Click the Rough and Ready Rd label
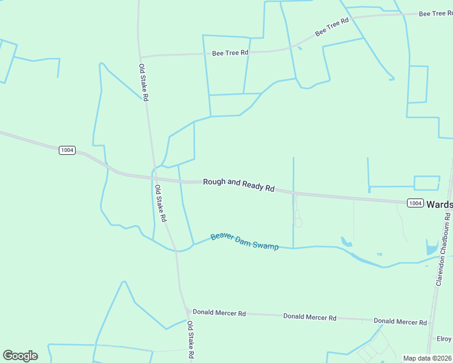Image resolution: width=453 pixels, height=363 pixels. click(239, 185)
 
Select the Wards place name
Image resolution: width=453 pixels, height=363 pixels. click(439, 204)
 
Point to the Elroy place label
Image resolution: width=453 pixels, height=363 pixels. click(444, 339)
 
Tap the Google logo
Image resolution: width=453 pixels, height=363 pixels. click(20, 356)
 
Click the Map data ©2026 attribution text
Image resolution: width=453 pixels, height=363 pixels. click(427, 358)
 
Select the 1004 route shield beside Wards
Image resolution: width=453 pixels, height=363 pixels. click(415, 203)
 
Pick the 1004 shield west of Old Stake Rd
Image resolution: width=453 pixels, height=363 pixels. click(67, 150)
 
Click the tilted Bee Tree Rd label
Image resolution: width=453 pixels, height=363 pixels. click(332, 27)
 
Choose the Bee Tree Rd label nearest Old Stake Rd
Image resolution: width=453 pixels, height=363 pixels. click(230, 53)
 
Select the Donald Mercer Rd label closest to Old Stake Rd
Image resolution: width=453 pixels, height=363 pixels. click(219, 313)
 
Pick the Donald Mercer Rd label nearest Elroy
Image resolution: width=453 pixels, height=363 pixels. click(400, 321)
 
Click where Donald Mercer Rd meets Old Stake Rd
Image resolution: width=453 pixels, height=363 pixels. click(186, 312)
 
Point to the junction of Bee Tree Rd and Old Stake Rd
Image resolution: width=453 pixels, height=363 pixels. click(141, 56)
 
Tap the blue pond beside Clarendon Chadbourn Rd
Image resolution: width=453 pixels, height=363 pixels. click(432, 247)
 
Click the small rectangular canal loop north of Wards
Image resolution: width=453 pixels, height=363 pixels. click(427, 183)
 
